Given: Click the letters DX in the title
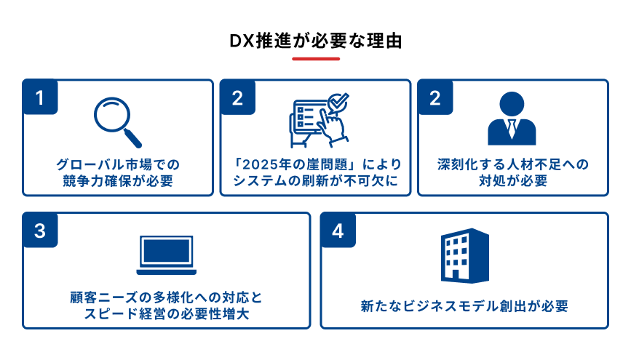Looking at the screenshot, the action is point(242,41).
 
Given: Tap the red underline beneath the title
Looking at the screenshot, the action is point(316,59).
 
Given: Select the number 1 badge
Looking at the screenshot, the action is point(40,97).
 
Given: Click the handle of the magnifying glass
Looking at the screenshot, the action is point(132,138).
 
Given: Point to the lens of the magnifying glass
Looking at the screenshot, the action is point(112,115).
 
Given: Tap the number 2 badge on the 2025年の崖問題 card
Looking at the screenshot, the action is point(237,97).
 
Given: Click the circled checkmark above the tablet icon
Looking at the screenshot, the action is point(337,102).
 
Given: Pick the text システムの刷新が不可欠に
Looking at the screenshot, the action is point(316,181).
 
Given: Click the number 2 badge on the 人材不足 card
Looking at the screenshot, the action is point(435,97).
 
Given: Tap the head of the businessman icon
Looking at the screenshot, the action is point(512,104).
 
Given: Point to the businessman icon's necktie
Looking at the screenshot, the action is point(512,128).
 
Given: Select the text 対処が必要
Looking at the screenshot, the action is point(513,181).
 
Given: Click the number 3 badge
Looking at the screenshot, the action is point(40,230).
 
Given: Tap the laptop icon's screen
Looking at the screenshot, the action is point(166,251).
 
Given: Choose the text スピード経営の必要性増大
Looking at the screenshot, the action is point(167,314).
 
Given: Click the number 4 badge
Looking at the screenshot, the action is point(338,230).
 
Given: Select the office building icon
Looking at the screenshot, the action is point(465,256).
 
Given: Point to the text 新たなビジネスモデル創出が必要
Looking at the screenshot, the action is point(464,306).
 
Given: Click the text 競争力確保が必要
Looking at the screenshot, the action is point(118,181).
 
